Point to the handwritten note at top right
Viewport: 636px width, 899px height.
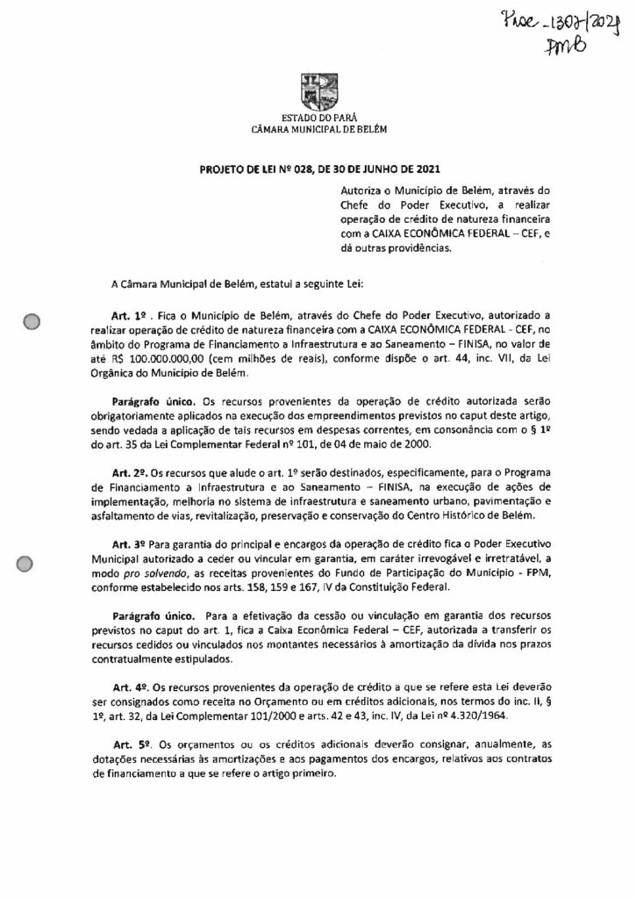[x=582, y=34]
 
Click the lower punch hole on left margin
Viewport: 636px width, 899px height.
[x=34, y=566]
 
